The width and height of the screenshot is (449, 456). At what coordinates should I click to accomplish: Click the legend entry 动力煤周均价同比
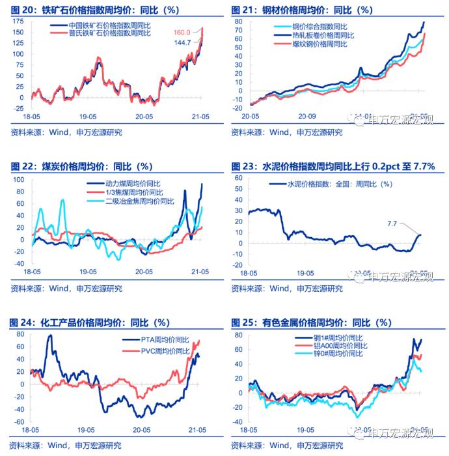pyautogui.click(x=134, y=183)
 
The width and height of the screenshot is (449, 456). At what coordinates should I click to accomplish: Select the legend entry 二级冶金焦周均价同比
pyautogui.click(x=139, y=201)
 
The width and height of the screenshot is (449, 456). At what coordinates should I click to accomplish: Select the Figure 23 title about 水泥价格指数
pyautogui.click(x=333, y=167)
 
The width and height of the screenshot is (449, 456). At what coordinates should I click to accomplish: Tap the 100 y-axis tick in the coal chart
pyautogui.click(x=18, y=179)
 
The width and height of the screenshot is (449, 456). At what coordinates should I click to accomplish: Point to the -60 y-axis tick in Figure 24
pyautogui.click(x=18, y=423)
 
